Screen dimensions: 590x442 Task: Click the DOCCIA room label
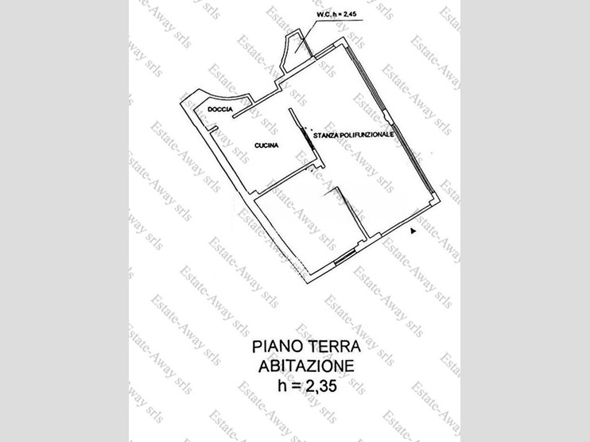[220, 110]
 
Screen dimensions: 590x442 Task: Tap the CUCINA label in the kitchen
[266, 145]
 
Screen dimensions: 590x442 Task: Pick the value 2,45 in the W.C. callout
[350, 14]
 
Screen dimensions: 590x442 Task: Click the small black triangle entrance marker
[413, 231]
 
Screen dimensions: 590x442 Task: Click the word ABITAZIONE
[307, 366]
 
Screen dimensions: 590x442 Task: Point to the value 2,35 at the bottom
[322, 386]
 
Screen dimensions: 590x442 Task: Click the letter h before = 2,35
[281, 386]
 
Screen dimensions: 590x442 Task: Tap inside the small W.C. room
[297, 52]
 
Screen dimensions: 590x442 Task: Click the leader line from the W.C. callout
[306, 36]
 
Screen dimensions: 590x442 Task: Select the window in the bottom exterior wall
[344, 257]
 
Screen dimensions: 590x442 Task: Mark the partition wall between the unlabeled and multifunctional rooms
[351, 212]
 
